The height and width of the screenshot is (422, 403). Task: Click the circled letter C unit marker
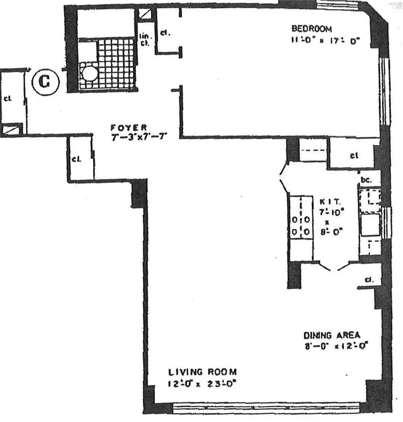(x=45, y=82)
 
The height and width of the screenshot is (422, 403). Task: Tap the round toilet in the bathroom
(x=90, y=73)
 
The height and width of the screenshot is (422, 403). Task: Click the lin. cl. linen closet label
(x=145, y=40)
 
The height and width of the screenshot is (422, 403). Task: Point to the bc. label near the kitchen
(x=366, y=180)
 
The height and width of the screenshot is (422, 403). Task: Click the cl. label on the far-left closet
(x=8, y=98)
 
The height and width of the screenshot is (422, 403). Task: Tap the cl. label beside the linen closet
(x=165, y=32)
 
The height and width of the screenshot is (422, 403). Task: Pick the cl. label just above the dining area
(x=369, y=280)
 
